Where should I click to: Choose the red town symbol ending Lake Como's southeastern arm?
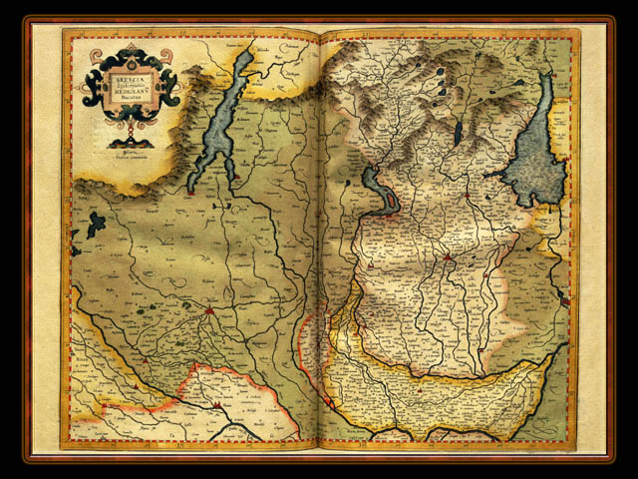tap(237, 176)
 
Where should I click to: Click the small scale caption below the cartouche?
tap(131, 152)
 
